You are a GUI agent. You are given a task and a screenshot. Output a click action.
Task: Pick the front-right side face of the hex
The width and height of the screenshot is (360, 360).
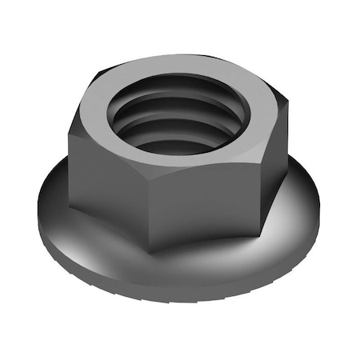coord(228,184)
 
